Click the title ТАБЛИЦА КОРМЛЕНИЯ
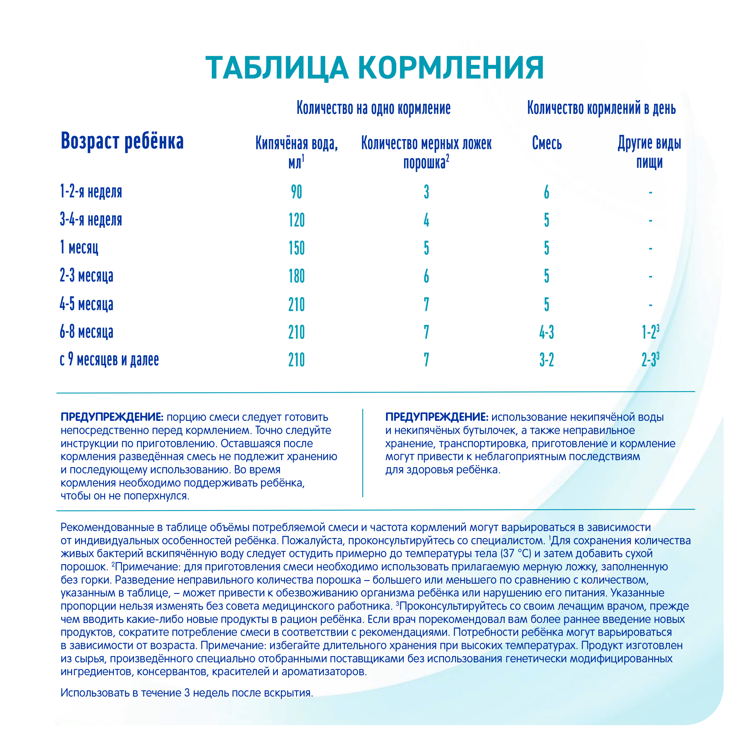click(x=374, y=68)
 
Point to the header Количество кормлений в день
click(x=601, y=108)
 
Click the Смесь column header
click(x=546, y=143)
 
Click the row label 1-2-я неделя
click(x=91, y=192)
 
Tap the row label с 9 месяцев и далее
click(x=109, y=360)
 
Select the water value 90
click(x=296, y=192)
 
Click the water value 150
click(x=296, y=248)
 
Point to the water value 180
click(x=296, y=276)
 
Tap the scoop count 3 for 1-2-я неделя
click(x=427, y=192)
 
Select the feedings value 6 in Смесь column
click(x=546, y=192)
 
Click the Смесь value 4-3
click(x=546, y=332)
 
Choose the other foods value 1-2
click(x=649, y=332)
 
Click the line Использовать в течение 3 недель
click(x=187, y=693)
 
